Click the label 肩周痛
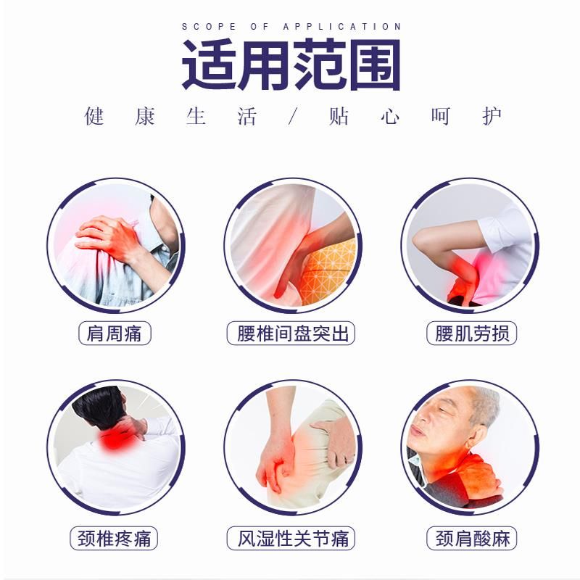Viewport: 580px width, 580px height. click(115, 333)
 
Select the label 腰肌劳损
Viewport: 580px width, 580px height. click(472, 333)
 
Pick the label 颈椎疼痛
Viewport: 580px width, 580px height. click(114, 538)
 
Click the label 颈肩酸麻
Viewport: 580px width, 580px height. click(472, 538)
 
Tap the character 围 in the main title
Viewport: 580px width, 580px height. click(374, 65)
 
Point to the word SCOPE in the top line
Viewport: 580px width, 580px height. click(209, 27)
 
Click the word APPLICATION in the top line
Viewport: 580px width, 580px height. click(342, 27)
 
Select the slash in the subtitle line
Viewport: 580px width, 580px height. click(293, 117)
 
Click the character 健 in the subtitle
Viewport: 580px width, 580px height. click(94, 117)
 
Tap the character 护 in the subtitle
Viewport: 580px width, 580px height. click(492, 117)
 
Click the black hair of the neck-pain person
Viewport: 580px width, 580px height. click(98, 407)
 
